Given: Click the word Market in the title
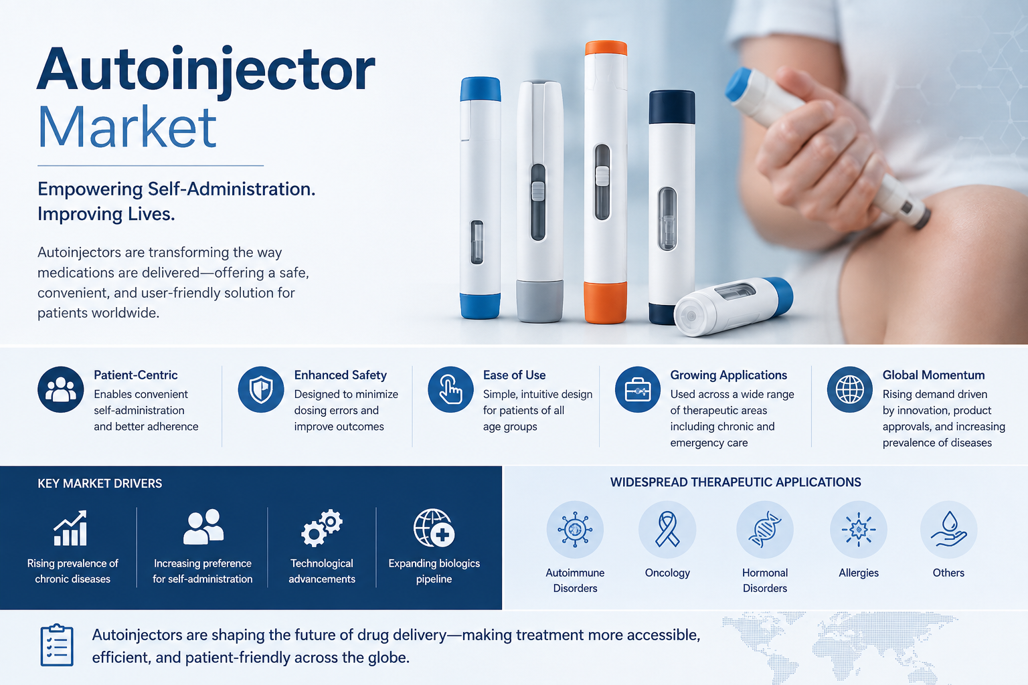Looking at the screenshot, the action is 126,126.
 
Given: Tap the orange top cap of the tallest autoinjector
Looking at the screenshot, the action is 606,47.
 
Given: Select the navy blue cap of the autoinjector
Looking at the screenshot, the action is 671,107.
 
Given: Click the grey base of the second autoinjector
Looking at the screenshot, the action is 539,302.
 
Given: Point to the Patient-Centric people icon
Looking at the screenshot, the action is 61,389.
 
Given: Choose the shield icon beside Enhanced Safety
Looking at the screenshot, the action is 260,389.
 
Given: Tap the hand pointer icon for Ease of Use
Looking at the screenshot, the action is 450,389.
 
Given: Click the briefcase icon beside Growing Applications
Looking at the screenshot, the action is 637,389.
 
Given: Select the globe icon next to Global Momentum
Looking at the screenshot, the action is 849,389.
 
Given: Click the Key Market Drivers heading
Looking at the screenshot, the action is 100,484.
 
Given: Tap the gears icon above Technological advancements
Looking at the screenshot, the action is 322,528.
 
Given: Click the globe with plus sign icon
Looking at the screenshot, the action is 434,528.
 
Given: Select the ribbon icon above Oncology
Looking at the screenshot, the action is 667,529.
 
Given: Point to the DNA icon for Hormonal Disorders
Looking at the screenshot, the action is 764,530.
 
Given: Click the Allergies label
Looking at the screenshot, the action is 859,573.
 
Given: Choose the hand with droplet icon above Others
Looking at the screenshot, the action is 948,529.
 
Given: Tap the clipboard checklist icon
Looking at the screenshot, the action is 57,645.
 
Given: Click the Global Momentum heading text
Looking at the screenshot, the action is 934,375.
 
